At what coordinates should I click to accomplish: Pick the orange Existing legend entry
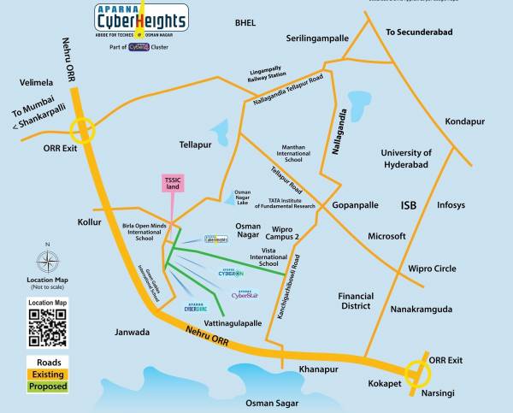click(48, 374)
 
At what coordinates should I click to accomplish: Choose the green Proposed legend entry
click(48, 386)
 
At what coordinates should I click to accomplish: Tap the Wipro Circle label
click(432, 268)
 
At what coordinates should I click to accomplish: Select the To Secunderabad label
click(419, 32)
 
